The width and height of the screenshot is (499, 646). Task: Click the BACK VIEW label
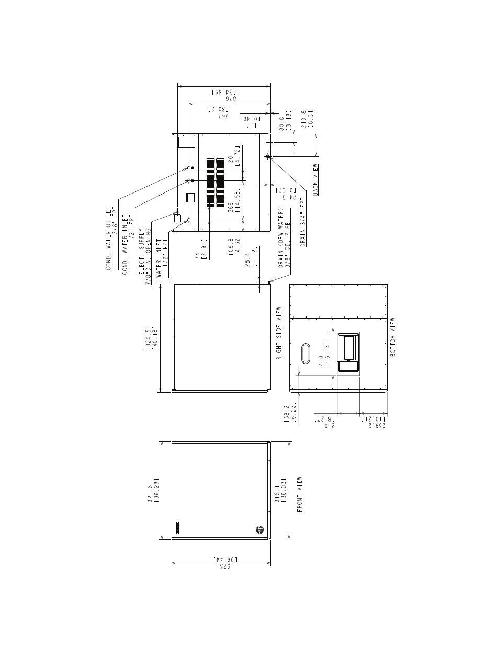tap(315, 179)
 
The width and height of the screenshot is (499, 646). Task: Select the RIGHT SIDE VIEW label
tap(279, 333)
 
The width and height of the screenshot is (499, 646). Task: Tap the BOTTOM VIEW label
tap(393, 337)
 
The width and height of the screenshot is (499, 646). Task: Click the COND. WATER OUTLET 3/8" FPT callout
tap(112, 239)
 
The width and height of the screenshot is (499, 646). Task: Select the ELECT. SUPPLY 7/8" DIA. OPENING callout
tap(145, 256)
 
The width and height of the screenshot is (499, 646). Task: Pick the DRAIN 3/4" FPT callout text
tap(303, 222)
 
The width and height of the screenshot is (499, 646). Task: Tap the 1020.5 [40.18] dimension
tap(152, 338)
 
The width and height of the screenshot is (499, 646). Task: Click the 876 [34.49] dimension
tap(224, 95)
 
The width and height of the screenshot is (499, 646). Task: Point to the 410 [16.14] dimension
tap(324, 354)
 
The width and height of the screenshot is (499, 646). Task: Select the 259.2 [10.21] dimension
tap(373, 423)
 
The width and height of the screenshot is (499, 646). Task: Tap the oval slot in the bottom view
tap(305, 354)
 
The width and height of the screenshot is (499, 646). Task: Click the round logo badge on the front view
tap(259, 529)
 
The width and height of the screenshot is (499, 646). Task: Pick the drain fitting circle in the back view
tap(268, 156)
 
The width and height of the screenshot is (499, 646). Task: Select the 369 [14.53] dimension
tap(234, 200)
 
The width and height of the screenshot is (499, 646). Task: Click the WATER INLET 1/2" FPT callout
tap(162, 258)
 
